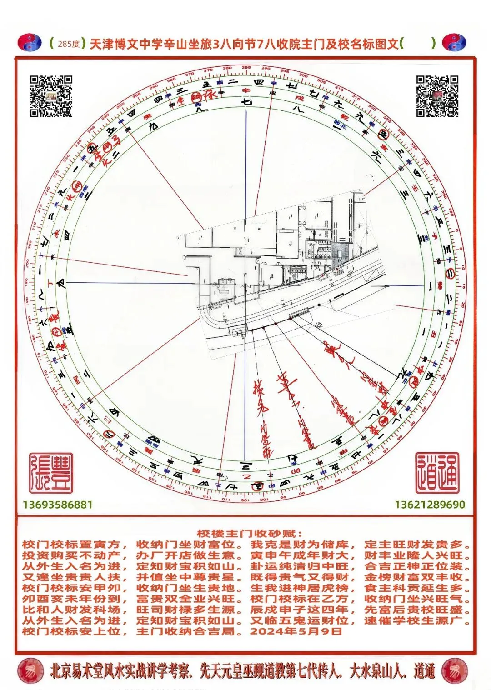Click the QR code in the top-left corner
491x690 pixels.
click(x=51, y=96)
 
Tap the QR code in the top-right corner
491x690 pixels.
click(x=437, y=96)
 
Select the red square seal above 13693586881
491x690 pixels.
click(x=51, y=473)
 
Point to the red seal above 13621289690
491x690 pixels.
click(x=437, y=473)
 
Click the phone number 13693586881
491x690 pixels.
click(x=58, y=505)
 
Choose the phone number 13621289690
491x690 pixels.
click(x=430, y=505)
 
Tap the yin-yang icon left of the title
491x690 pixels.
click(x=30, y=43)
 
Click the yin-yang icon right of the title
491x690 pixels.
click(x=454, y=43)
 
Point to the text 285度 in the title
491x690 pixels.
click(x=69, y=44)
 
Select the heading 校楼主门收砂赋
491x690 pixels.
click(x=250, y=534)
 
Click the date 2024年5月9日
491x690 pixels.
click(x=296, y=631)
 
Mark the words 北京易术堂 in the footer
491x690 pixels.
click(x=77, y=671)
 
